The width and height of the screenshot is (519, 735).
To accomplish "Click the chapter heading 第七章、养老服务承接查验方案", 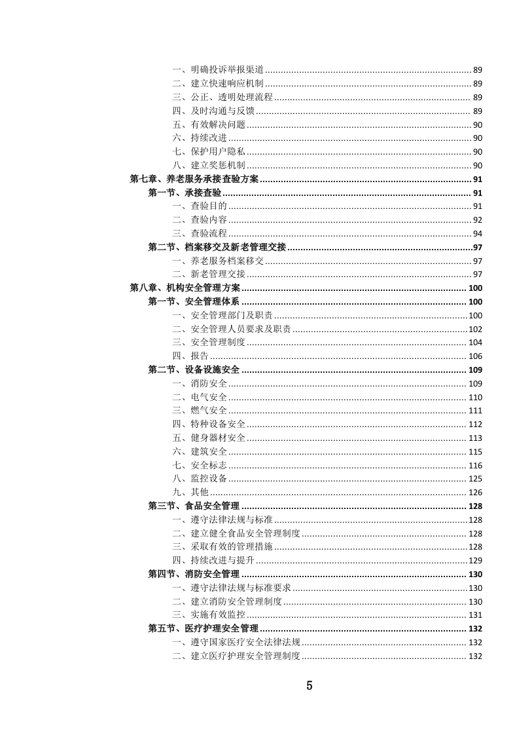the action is pos(194,179).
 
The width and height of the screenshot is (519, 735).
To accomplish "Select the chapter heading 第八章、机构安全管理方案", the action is pos(185,288).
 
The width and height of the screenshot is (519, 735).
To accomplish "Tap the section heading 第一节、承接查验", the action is pos(185,193).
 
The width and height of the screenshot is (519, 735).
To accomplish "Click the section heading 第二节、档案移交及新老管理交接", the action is pos(218,247).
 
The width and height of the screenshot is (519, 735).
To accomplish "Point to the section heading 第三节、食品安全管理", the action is pos(194,506).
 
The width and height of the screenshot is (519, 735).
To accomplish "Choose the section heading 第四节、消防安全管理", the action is pos(194,574).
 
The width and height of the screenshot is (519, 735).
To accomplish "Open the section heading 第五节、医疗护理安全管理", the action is pos(203,628).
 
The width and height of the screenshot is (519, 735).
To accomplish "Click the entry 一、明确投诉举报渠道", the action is pos(218,69).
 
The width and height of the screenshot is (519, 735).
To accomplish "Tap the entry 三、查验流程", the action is pos(200,233).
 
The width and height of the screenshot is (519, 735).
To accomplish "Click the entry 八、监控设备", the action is pos(200,478).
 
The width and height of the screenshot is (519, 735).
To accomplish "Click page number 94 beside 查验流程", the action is pos(477,234).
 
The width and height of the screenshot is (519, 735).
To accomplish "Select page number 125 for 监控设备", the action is pos(475,479).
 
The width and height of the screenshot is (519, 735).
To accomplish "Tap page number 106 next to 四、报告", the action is pos(475,356).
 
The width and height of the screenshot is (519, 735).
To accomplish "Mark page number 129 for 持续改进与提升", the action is pos(475,561).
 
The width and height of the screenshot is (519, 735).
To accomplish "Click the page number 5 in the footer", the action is pos(310,686).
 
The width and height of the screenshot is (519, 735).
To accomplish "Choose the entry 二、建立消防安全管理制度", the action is pos(227,601).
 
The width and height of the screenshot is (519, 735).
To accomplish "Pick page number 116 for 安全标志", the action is pos(475,465).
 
